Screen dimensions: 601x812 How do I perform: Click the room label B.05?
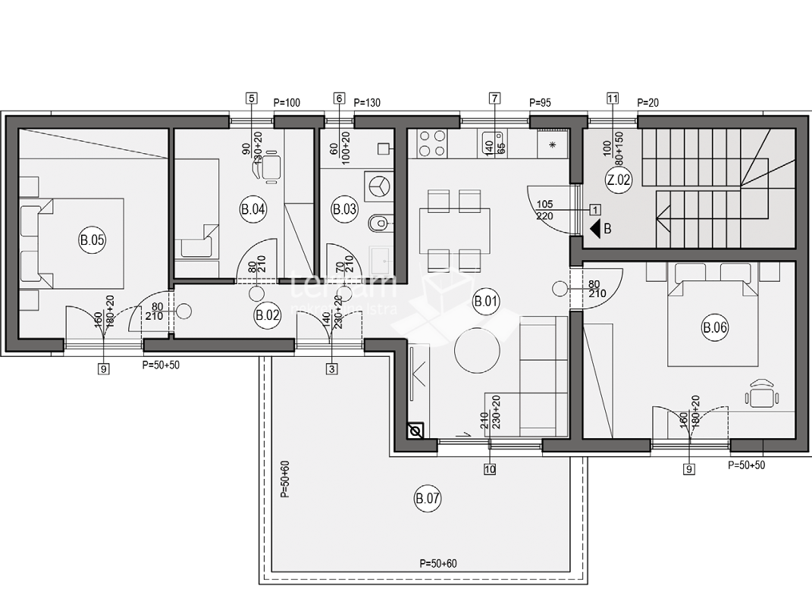point(92,242)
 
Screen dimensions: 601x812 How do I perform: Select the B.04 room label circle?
point(252,210)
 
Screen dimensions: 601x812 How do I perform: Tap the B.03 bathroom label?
point(345,210)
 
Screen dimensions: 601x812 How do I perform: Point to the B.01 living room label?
point(486,302)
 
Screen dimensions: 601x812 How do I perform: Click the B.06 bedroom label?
point(715,328)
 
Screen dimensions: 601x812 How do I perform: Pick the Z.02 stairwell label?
point(619,180)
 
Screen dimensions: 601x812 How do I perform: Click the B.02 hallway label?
point(267,315)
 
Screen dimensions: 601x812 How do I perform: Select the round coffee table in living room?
point(477,349)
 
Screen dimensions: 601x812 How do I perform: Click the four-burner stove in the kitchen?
point(431,143)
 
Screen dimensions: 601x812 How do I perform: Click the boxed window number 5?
point(252,98)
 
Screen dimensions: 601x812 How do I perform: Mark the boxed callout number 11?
point(613,98)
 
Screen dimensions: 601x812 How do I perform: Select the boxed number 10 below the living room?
point(490,469)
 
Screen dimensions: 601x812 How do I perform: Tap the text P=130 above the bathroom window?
point(367,102)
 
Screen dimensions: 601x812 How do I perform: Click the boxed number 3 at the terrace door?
point(331,369)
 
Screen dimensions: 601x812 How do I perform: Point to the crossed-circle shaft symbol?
point(415,432)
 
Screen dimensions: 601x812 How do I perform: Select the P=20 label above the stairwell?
point(649,102)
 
